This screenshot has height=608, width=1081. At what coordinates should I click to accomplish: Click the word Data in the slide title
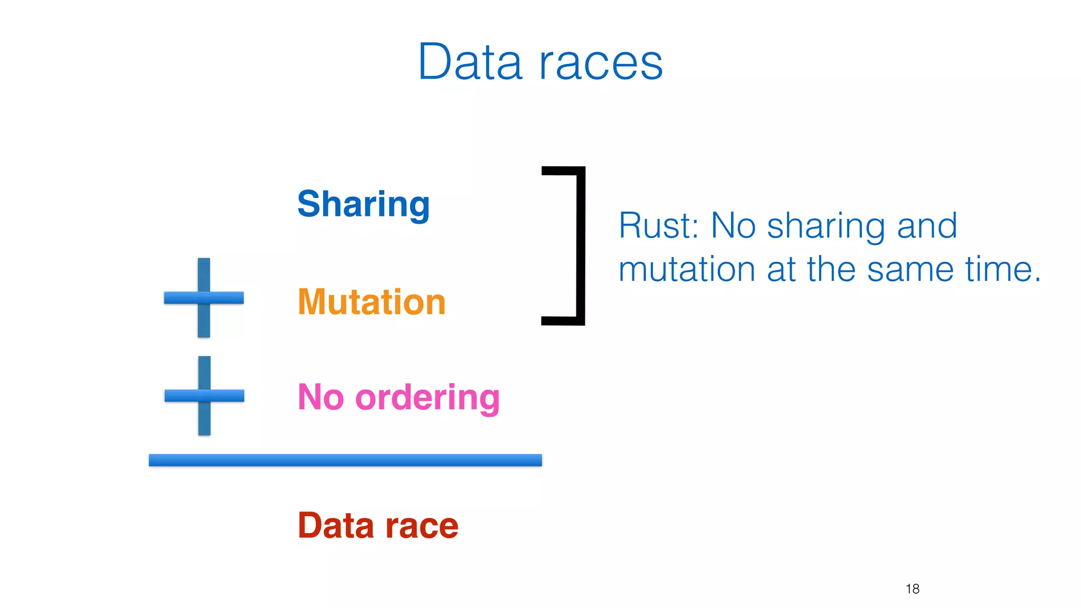click(x=470, y=62)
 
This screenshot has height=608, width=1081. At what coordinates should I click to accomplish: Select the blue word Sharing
click(x=363, y=205)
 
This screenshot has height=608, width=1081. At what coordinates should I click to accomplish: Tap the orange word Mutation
click(x=372, y=302)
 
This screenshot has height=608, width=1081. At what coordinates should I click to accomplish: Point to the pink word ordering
click(x=428, y=398)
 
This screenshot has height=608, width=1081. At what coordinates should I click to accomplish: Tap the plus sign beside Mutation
click(x=204, y=298)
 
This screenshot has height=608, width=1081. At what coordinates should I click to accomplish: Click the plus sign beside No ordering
click(x=204, y=396)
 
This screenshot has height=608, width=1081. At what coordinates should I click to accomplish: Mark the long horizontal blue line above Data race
click(x=345, y=460)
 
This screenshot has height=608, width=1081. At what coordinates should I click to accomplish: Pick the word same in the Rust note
click(x=910, y=270)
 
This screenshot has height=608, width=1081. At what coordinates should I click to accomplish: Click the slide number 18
click(x=912, y=589)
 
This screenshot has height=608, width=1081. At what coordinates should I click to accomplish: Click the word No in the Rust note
click(x=734, y=226)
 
